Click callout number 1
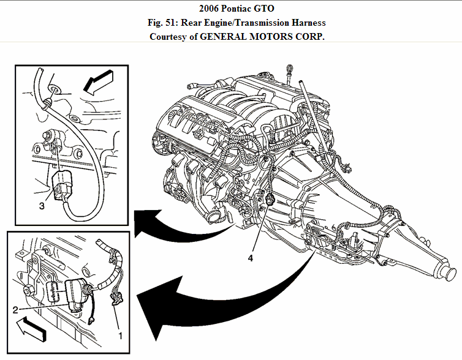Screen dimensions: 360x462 tap(121, 336)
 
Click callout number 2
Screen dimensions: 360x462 tap(15, 310)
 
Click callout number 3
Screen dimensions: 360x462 tap(42, 206)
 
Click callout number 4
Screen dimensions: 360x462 tap(250, 258)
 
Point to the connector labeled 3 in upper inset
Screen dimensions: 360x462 tap(63, 186)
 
